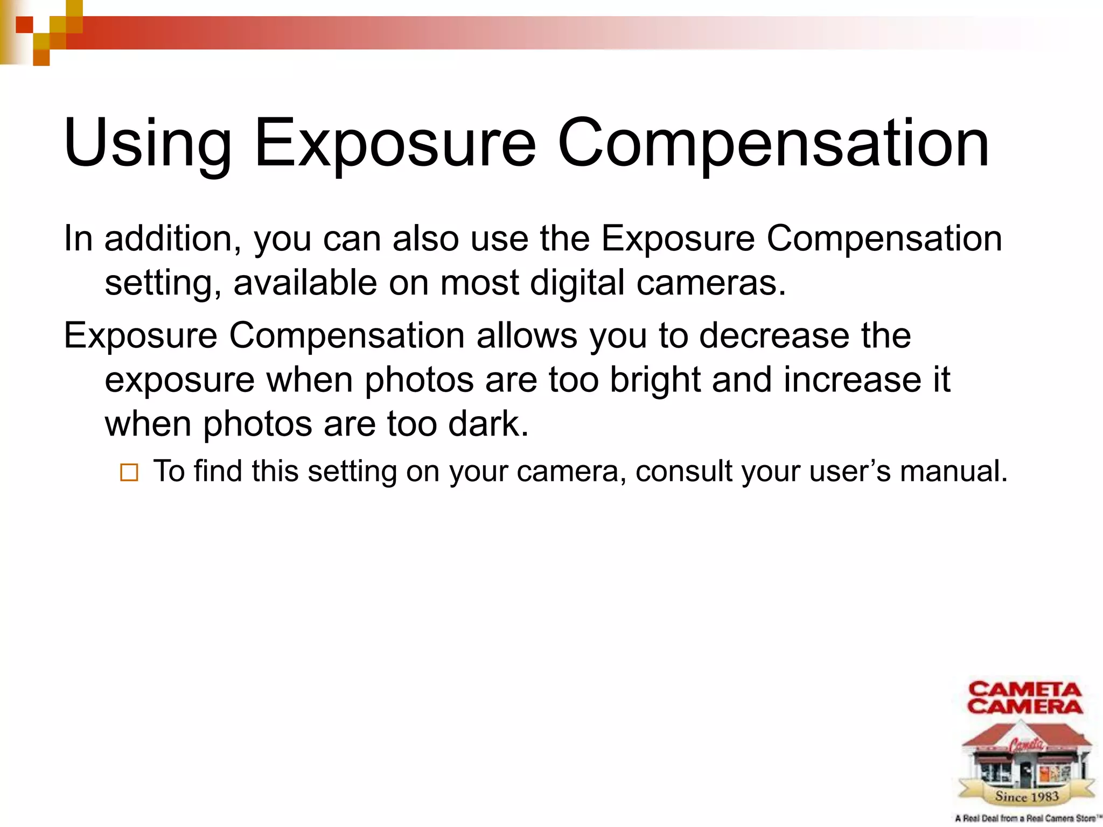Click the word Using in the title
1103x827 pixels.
click(x=147, y=144)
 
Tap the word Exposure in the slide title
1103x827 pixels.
click(x=395, y=144)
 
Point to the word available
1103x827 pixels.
click(x=305, y=283)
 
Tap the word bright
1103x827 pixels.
click(x=655, y=380)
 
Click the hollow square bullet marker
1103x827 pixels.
click(x=129, y=473)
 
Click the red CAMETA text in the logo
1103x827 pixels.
click(x=1025, y=690)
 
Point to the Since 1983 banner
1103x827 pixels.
click(x=1027, y=796)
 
